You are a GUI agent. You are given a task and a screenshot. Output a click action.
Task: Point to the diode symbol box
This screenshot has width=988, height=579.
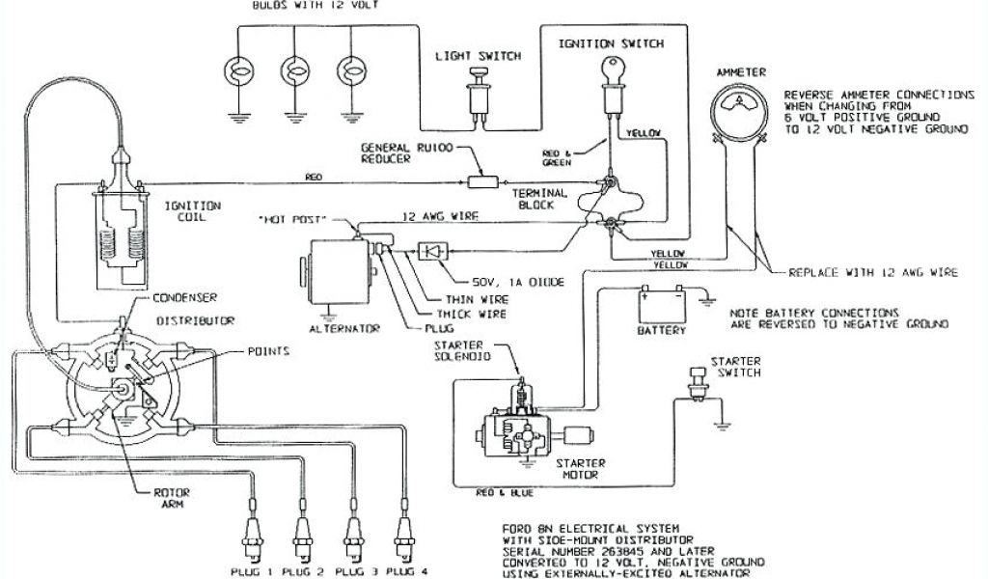[x=431, y=250]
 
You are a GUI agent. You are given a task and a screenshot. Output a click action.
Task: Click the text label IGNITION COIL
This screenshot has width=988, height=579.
[x=193, y=210]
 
